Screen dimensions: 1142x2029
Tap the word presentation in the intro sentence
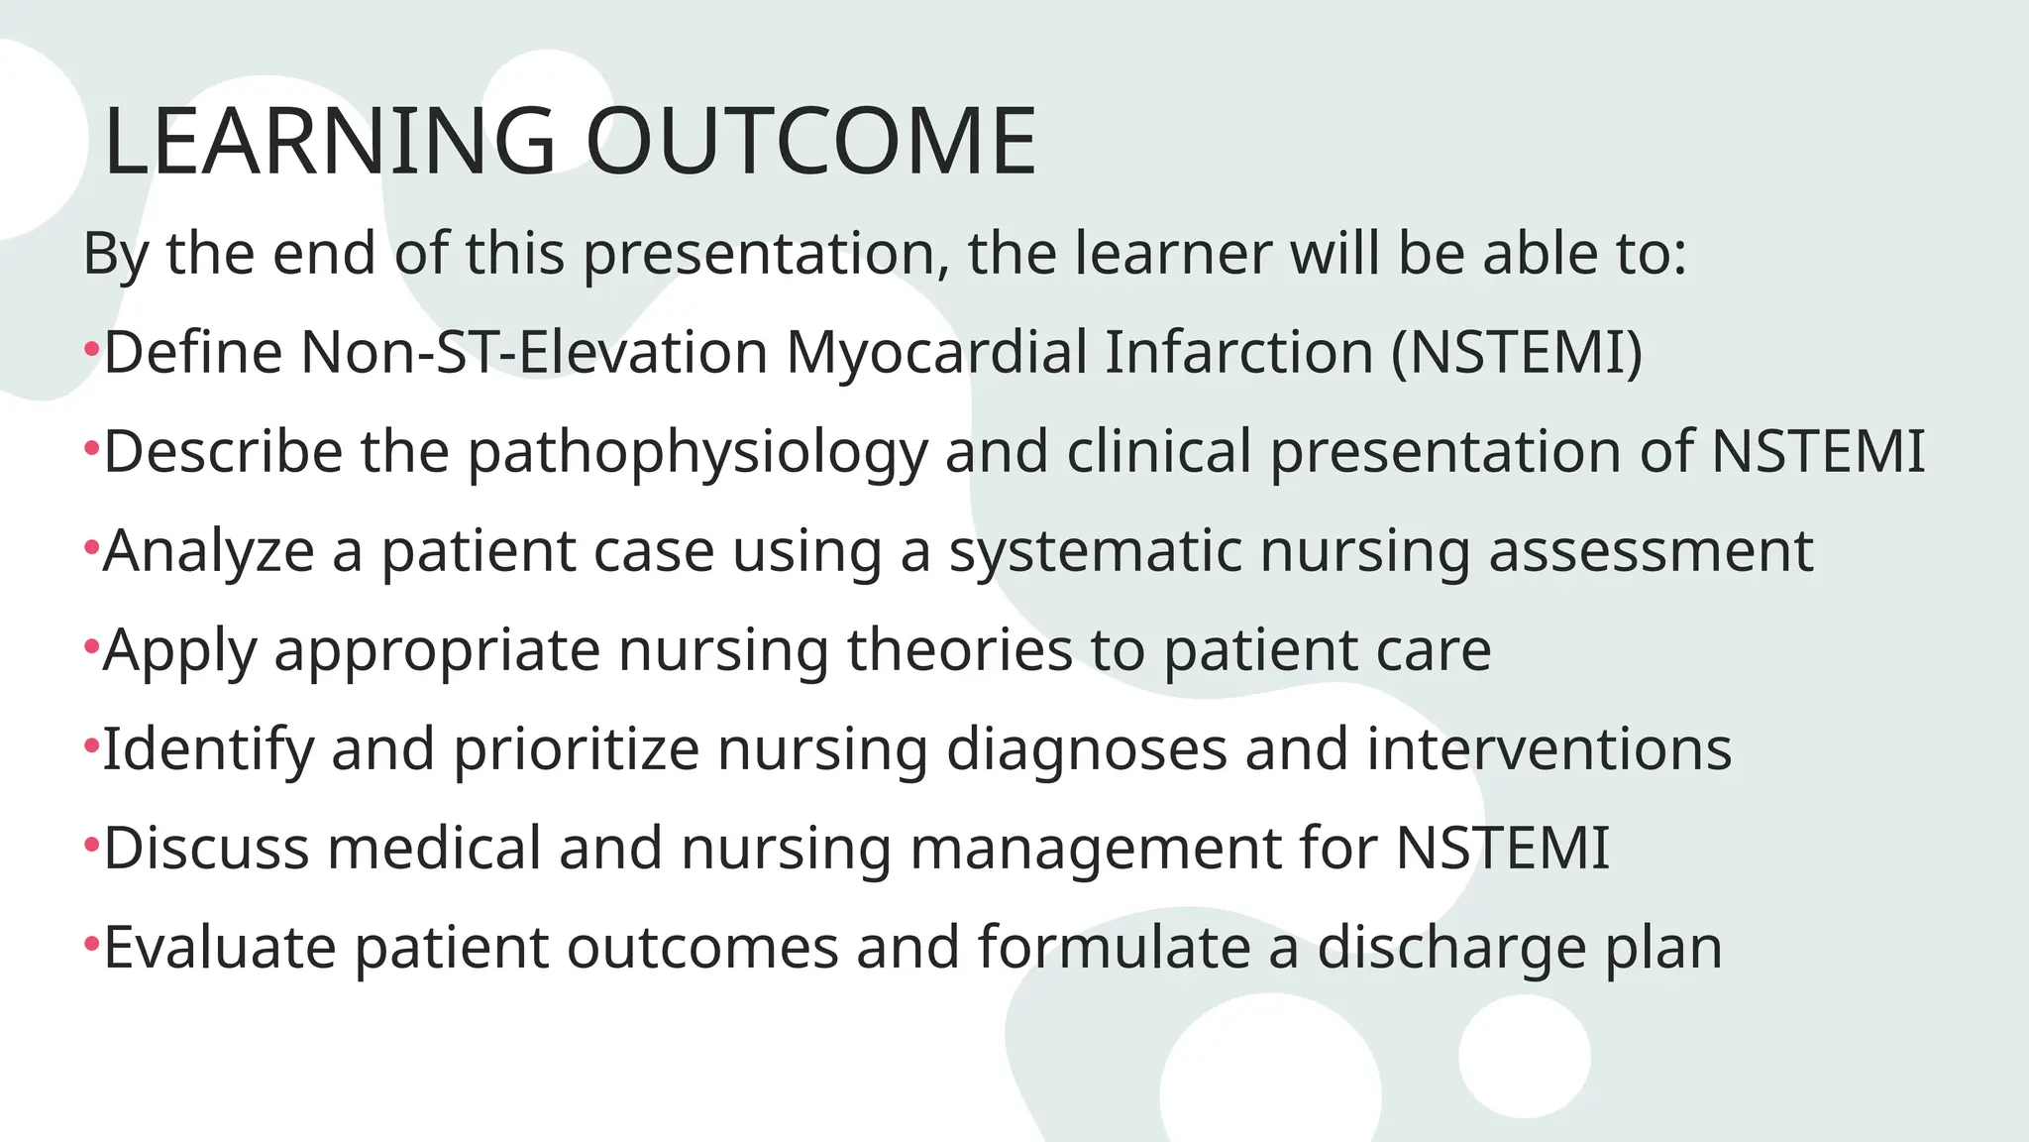(x=759, y=254)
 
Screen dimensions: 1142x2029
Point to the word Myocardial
(x=936, y=354)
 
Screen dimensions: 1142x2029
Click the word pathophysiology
(x=697, y=453)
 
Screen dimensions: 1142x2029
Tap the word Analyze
(x=208, y=552)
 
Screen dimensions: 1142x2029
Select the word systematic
(x=1095, y=552)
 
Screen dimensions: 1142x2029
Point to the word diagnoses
(x=1086, y=750)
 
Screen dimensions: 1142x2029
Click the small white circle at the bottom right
(x=1524, y=1057)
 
